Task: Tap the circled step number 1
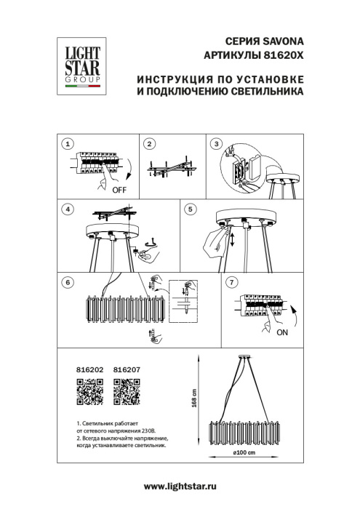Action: click(68, 144)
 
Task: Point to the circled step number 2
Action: click(148, 144)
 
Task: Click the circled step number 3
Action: click(216, 144)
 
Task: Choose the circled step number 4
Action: click(68, 209)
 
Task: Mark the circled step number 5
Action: click(190, 209)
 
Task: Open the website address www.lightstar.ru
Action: click(181, 484)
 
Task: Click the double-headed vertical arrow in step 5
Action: click(232, 239)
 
